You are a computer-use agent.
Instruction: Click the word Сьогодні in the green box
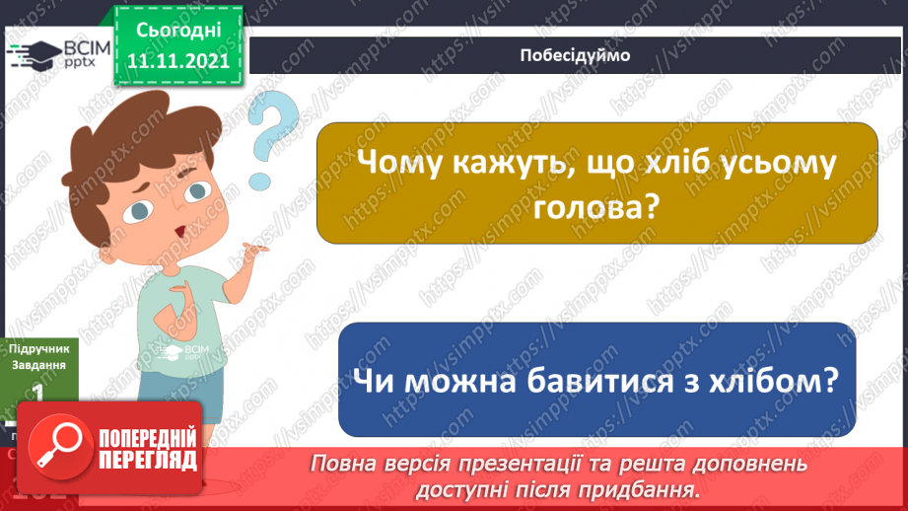[177, 31]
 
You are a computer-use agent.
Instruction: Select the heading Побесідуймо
[574, 55]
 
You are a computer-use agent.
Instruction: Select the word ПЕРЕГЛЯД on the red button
[148, 460]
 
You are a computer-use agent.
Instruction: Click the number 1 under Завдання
[37, 392]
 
